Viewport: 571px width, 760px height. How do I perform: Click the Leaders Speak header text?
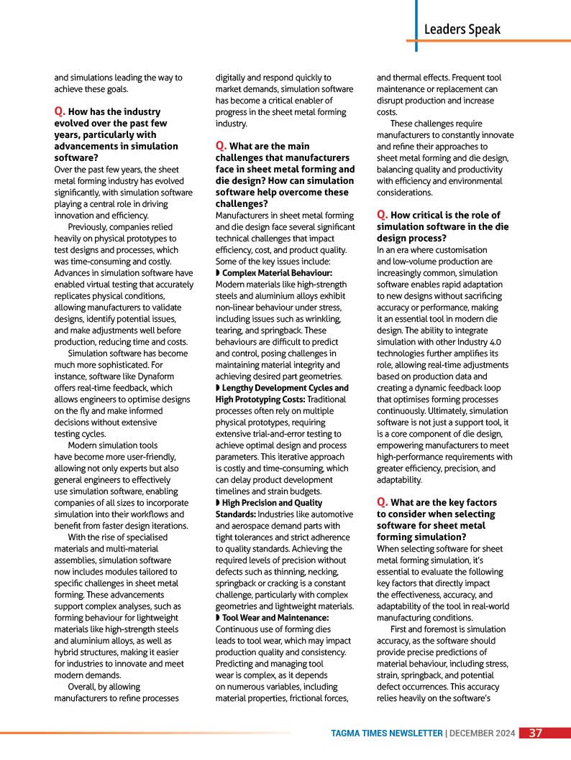pyautogui.click(x=462, y=29)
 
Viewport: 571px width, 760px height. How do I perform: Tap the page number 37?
pyautogui.click(x=536, y=733)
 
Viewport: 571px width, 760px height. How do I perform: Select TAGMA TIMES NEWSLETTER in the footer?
pyautogui.click(x=387, y=733)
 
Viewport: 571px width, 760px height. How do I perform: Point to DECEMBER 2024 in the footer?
pyautogui.click(x=483, y=733)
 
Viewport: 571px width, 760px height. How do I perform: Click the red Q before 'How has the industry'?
pyautogui.click(x=60, y=112)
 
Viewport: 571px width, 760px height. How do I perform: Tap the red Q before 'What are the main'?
pyautogui.click(x=221, y=147)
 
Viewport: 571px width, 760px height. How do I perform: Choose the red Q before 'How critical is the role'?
pyautogui.click(x=382, y=216)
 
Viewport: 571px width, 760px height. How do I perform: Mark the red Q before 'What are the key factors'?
pyautogui.click(x=382, y=503)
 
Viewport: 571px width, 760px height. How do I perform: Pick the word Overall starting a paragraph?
pyautogui.click(x=83, y=687)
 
